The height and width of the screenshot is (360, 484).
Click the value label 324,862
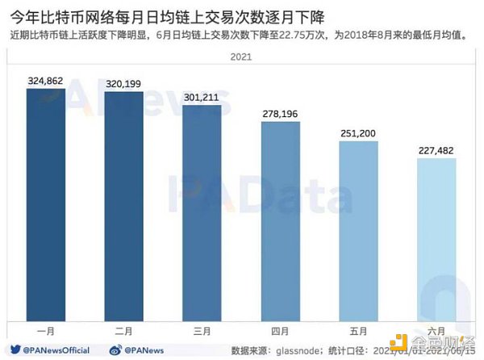(46, 81)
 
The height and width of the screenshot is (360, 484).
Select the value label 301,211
(202, 97)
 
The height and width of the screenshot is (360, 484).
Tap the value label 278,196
(280, 114)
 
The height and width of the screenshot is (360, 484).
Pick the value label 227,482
(436, 150)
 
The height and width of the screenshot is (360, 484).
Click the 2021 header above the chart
(240, 57)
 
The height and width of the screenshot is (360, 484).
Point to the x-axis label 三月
(202, 331)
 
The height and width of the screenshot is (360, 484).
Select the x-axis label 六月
(436, 331)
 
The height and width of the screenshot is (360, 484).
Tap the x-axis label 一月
(46, 331)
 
